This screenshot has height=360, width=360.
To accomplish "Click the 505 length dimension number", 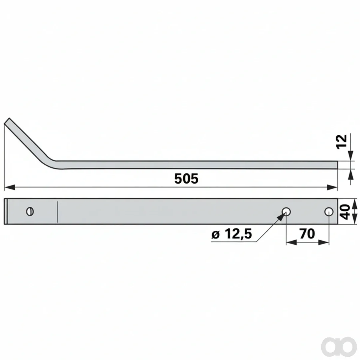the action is click(186, 178).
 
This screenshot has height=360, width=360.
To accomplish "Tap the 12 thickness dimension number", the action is click(341, 142).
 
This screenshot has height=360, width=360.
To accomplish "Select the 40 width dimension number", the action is click(344, 212).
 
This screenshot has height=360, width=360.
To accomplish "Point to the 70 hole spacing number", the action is click(307, 233).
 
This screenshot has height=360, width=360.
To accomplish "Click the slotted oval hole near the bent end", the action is click(30, 211).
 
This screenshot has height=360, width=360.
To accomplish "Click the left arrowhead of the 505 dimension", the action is click(10, 187).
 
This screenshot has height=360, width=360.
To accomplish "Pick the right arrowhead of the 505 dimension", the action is click(332, 187).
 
